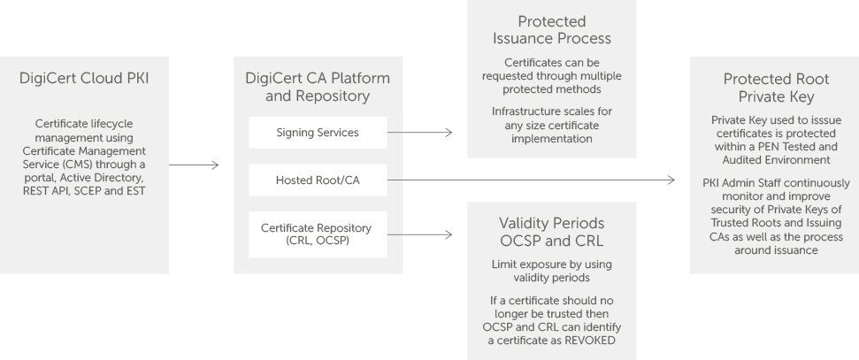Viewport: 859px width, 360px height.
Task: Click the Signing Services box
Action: [318, 133]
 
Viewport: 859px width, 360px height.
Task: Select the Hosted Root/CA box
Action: [318, 180]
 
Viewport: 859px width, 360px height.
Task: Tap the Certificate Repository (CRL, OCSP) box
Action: [318, 234]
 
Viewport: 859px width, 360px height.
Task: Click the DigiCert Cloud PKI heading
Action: [84, 79]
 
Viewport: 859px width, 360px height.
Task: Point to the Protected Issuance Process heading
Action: [552, 30]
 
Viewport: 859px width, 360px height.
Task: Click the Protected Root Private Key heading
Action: [776, 88]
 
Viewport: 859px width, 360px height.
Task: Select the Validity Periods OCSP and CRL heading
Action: [552, 232]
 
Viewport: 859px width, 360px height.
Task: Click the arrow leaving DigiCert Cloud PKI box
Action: [194, 165]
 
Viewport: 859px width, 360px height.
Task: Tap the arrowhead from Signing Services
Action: [449, 132]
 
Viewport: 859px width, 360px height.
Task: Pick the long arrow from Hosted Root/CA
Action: [531, 180]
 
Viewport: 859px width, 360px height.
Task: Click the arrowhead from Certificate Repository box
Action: [449, 234]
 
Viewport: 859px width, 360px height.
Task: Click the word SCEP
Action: [103, 191]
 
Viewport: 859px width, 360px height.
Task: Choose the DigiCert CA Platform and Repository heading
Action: [318, 87]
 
